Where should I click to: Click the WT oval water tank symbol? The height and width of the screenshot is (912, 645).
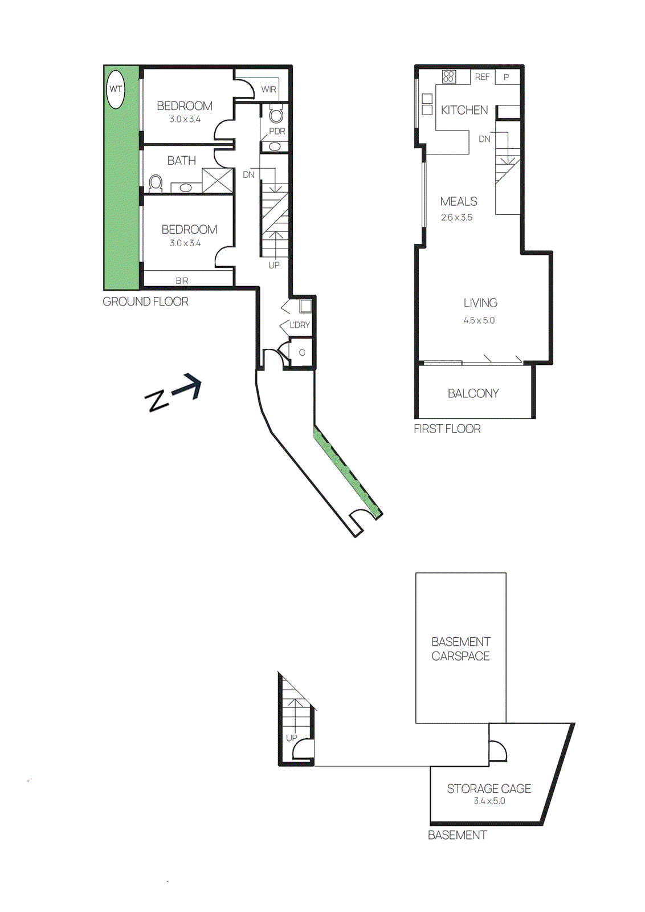click(x=116, y=89)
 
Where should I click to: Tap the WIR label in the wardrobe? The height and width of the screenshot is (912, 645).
click(x=268, y=89)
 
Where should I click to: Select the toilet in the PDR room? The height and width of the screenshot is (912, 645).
click(x=276, y=116)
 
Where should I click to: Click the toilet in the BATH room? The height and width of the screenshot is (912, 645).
click(x=156, y=183)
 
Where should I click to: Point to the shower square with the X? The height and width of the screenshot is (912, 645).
click(x=218, y=180)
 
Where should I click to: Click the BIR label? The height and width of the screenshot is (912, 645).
click(x=182, y=280)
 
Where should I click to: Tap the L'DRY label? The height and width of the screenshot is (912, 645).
click(x=300, y=325)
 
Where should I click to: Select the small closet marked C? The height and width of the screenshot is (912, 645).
click(x=302, y=353)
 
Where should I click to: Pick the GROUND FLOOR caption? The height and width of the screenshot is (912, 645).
click(x=145, y=302)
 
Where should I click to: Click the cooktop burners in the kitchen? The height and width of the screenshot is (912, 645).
click(x=449, y=76)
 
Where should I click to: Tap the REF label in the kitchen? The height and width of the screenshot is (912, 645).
click(x=482, y=77)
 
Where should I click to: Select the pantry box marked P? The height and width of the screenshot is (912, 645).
click(x=506, y=77)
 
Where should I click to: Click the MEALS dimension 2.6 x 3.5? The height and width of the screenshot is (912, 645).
click(x=456, y=217)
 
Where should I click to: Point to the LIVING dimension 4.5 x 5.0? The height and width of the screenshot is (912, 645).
click(x=479, y=320)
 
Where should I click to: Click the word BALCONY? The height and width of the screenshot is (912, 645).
click(x=473, y=393)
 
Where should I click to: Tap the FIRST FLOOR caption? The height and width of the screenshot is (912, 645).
click(x=447, y=429)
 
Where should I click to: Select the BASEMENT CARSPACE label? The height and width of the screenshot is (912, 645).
click(x=460, y=649)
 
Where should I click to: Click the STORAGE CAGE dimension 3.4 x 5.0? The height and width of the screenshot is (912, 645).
click(x=489, y=801)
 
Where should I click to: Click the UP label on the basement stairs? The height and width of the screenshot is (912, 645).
click(x=292, y=738)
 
